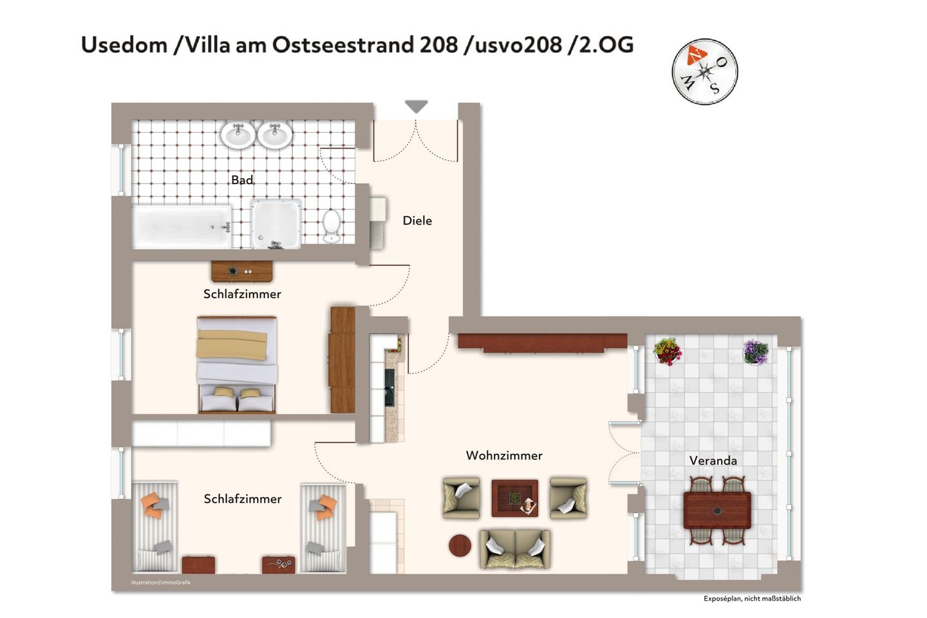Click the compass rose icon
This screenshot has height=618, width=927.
[x=704, y=71]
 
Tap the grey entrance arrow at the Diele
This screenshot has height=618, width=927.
[x=417, y=107]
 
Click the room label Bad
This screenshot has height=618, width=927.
[x=242, y=180]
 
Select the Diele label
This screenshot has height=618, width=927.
[x=417, y=221]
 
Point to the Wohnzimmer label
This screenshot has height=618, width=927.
[x=504, y=456]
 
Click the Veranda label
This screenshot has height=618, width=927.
[x=713, y=461]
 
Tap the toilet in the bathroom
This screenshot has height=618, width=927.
[x=332, y=226]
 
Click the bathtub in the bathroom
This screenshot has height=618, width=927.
[x=182, y=227]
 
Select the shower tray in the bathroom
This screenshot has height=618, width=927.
[x=276, y=224]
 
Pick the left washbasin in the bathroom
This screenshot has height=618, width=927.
[x=238, y=135]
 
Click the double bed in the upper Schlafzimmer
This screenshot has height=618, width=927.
[x=237, y=364]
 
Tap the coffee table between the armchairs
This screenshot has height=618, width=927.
[x=515, y=498]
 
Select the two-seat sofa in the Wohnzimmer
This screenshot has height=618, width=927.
[x=515, y=548]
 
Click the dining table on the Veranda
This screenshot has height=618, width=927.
[x=717, y=510]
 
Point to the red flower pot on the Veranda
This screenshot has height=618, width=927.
[x=667, y=352]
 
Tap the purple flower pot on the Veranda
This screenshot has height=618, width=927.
[x=756, y=352]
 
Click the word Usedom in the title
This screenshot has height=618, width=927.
[x=124, y=45]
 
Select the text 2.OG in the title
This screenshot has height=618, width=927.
[x=606, y=45]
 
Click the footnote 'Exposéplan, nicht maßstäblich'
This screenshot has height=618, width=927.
[x=752, y=599]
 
